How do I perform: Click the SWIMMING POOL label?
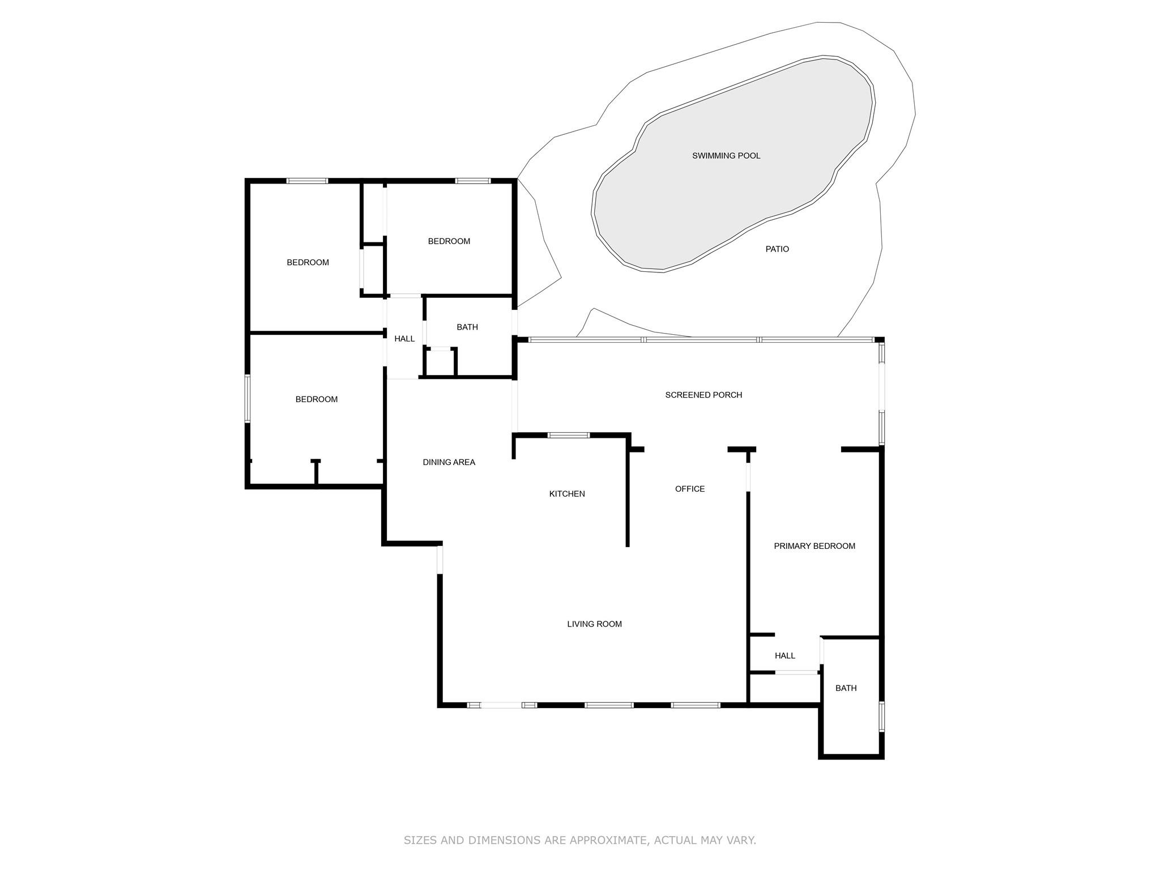726,156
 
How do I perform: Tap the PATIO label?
777,249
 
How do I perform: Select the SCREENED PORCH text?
703,395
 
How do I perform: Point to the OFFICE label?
690,489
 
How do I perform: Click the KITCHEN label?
567,494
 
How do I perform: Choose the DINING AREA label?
449,462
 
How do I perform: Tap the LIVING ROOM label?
594,624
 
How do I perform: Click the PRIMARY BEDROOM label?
814,546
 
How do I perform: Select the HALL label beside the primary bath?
785,656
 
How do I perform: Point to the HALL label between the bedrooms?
404,339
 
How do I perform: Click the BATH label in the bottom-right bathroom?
846,688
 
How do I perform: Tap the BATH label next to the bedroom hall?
467,327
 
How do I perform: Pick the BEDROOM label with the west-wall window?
316,399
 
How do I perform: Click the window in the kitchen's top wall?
569,435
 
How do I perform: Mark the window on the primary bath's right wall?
881,717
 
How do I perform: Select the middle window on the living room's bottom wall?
609,705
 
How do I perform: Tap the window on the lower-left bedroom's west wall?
248,398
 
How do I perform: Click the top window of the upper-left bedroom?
307,181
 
